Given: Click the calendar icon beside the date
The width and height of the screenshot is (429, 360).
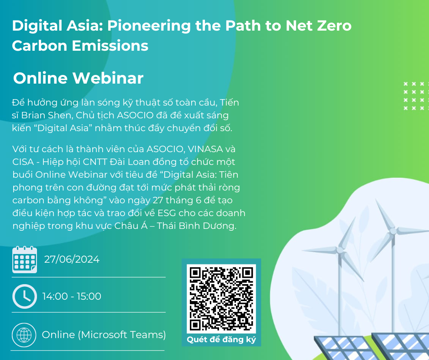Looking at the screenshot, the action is pyautogui.click(x=25, y=259).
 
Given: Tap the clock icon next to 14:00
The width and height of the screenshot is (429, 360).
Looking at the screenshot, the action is pyautogui.click(x=25, y=296).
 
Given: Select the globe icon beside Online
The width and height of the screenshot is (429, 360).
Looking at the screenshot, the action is pyautogui.click(x=24, y=335).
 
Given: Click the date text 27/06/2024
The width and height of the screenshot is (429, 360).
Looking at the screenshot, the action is pyautogui.click(x=72, y=259).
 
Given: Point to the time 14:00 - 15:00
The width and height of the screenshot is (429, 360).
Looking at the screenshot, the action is pyautogui.click(x=72, y=296).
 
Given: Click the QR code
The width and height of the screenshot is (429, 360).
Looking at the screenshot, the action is pyautogui.click(x=221, y=298).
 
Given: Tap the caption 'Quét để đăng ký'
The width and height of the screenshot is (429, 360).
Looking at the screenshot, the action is pyautogui.click(x=221, y=340).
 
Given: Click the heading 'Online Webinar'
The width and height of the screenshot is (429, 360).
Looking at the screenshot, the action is pyautogui.click(x=78, y=78).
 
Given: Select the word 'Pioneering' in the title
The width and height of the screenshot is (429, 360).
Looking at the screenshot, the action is pyautogui.click(x=149, y=26).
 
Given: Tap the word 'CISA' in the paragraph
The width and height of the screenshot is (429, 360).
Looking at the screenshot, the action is pyautogui.click(x=23, y=162).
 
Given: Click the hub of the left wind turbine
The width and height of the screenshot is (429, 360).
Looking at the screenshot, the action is pyautogui.click(x=340, y=250).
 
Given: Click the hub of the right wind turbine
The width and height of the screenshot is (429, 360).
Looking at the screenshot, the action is pyautogui.click(x=393, y=232).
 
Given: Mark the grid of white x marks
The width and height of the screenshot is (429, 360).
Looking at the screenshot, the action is pyautogui.click(x=416, y=96).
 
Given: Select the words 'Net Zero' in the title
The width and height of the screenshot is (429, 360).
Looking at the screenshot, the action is pyautogui.click(x=319, y=26).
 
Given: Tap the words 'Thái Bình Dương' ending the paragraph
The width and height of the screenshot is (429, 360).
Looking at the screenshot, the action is pyautogui.click(x=196, y=226).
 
